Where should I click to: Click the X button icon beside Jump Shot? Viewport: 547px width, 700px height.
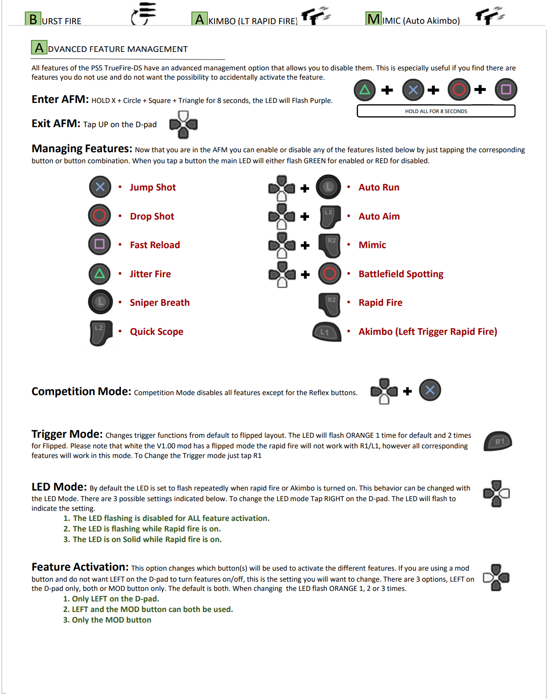tap(100, 187)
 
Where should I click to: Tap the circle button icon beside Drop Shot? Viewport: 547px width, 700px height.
tap(99, 216)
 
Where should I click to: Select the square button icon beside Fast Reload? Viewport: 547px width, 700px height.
tap(99, 244)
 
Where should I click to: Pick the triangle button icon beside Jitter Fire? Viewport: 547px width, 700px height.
tap(100, 274)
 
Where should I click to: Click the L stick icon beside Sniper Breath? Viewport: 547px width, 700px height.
tap(100, 302)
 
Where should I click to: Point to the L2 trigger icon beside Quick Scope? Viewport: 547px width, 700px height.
tap(101, 332)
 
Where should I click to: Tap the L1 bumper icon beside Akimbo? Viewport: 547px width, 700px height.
tap(326, 332)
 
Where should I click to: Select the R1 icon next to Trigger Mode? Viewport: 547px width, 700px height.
tap(498, 441)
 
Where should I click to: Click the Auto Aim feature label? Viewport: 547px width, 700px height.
tap(379, 216)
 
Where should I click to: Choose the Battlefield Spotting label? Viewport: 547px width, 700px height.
tap(401, 274)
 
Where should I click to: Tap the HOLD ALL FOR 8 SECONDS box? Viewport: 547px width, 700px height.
tap(436, 111)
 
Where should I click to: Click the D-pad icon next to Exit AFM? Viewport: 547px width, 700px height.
tap(183, 125)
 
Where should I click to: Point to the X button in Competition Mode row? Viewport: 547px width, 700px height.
tap(430, 390)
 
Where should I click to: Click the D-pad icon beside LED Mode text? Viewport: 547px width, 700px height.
tap(496, 494)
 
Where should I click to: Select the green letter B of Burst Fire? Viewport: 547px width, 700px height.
tap(33, 19)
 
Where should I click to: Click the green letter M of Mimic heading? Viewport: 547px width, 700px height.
tap(373, 19)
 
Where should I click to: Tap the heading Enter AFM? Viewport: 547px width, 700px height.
tap(60, 99)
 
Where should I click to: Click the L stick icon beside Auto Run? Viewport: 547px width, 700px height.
tap(328, 187)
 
